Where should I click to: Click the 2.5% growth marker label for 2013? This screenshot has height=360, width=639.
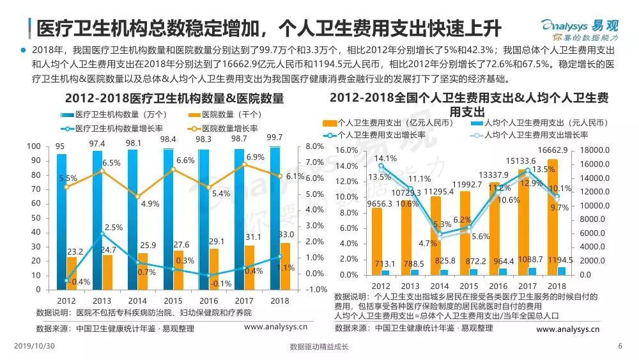(114, 228)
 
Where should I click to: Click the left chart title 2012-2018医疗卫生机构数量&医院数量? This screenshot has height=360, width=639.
(174, 99)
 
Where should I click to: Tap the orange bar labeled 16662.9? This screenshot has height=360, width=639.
(553, 217)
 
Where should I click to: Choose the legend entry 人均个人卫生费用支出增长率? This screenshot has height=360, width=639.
(535, 136)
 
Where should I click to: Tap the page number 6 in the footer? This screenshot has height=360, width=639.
(620, 346)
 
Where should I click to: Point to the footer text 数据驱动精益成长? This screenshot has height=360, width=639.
(319, 347)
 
